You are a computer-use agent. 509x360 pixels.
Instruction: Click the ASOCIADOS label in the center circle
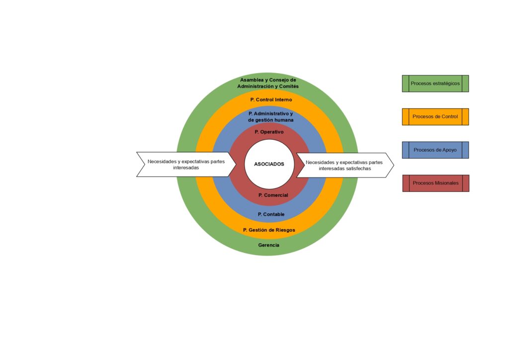(269, 164)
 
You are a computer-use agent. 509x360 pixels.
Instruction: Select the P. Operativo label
(269, 132)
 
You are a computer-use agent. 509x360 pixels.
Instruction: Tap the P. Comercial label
(273, 195)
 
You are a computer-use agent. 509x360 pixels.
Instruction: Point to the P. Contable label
(271, 214)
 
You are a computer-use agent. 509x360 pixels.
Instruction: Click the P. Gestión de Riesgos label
(269, 230)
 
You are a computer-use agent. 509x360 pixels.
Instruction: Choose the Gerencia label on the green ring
(269, 245)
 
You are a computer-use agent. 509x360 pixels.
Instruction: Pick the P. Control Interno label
(271, 99)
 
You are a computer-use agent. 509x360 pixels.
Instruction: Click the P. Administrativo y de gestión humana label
(271, 117)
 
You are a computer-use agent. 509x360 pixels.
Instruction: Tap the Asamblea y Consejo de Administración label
(268, 83)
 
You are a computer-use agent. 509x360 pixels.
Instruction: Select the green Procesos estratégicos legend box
(435, 84)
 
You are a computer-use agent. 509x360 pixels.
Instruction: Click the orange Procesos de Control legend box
(435, 117)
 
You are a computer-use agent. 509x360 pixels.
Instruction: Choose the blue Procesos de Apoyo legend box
(435, 150)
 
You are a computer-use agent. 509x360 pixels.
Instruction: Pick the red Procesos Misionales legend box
(435, 183)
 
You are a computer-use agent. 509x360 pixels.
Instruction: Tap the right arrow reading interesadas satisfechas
(344, 165)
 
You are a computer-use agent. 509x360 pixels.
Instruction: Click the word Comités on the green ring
(288, 87)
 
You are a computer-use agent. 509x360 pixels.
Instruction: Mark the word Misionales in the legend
(446, 183)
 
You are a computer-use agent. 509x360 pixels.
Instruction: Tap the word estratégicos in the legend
(446, 84)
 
